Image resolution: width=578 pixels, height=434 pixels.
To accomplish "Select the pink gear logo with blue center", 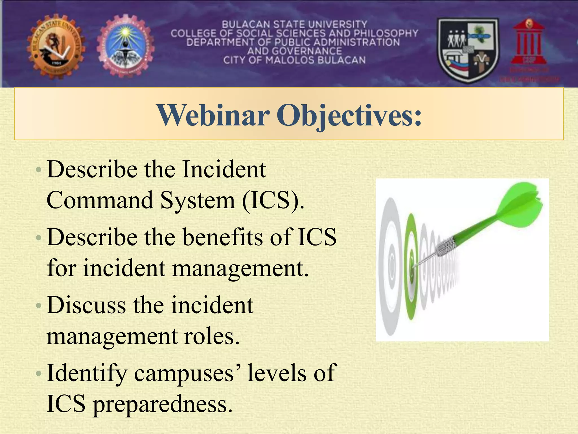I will pyautogui.click(x=126, y=46).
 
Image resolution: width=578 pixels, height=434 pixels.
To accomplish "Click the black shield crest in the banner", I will pyautogui.click(x=468, y=50).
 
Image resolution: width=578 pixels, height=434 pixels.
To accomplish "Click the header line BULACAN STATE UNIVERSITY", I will pyautogui.click(x=294, y=24).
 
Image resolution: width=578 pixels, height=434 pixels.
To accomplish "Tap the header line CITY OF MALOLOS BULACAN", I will pyautogui.click(x=294, y=60).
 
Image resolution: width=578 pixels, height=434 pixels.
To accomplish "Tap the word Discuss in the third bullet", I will pyautogui.click(x=86, y=305).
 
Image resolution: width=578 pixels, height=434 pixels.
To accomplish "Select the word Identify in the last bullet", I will pyautogui.click(x=87, y=373).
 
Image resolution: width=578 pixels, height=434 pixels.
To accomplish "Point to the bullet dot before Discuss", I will pyautogui.click(x=39, y=306).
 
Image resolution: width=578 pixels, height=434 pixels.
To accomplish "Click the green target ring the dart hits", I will pyautogui.click(x=411, y=267).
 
